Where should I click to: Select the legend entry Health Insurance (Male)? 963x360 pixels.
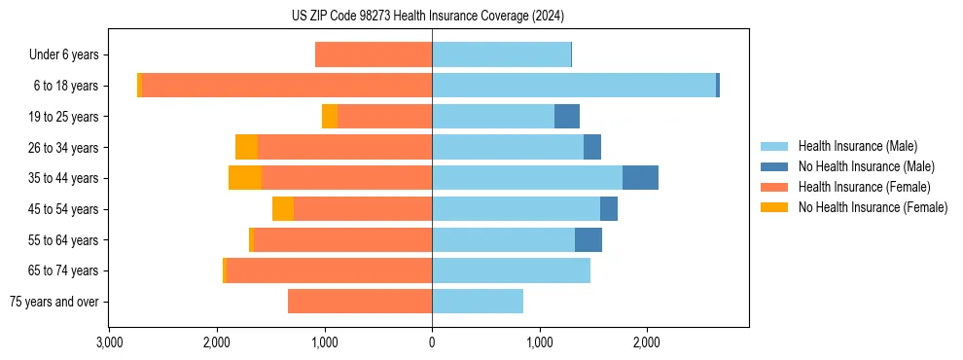click(x=857, y=146)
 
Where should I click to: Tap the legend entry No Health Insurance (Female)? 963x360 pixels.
click(x=872, y=207)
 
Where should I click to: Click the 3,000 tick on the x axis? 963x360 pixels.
click(x=109, y=342)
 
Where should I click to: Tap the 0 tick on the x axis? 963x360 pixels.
click(x=432, y=342)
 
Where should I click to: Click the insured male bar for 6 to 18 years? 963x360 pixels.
click(x=574, y=86)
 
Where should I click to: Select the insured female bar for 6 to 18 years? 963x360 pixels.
click(x=287, y=86)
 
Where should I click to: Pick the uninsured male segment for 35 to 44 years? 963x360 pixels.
click(x=640, y=178)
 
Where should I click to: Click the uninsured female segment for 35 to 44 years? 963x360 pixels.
click(x=245, y=178)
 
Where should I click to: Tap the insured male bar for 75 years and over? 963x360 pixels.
click(x=478, y=302)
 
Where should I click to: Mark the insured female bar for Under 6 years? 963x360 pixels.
click(x=374, y=54)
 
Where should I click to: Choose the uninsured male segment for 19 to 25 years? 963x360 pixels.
click(x=567, y=117)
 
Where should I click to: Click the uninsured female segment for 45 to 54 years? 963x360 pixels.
click(x=283, y=209)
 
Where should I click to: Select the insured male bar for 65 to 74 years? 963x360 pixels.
click(x=511, y=270)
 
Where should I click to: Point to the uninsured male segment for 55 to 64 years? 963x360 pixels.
click(x=588, y=240)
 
